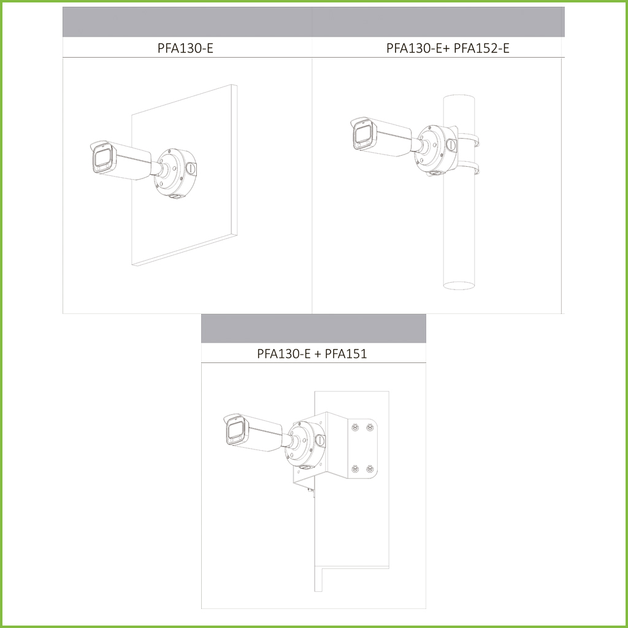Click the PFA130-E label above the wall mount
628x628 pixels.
185,48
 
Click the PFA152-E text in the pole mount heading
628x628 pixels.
481,48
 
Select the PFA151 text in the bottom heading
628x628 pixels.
346,354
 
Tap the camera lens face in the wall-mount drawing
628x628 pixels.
102,159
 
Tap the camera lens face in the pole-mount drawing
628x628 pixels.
363,136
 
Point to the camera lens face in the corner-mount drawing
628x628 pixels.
236,431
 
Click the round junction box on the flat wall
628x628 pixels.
175,173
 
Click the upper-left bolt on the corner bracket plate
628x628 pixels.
355,427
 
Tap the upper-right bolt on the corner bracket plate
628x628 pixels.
370,427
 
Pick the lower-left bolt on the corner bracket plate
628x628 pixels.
355,468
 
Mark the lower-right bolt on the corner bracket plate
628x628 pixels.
370,468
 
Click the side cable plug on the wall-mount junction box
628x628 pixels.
191,168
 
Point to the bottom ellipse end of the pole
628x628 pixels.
459,285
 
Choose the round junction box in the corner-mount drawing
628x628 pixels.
305,444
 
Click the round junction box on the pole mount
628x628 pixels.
435,150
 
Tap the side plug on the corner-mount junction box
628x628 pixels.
320,440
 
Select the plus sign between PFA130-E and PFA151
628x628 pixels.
318,354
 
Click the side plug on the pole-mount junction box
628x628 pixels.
451,145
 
